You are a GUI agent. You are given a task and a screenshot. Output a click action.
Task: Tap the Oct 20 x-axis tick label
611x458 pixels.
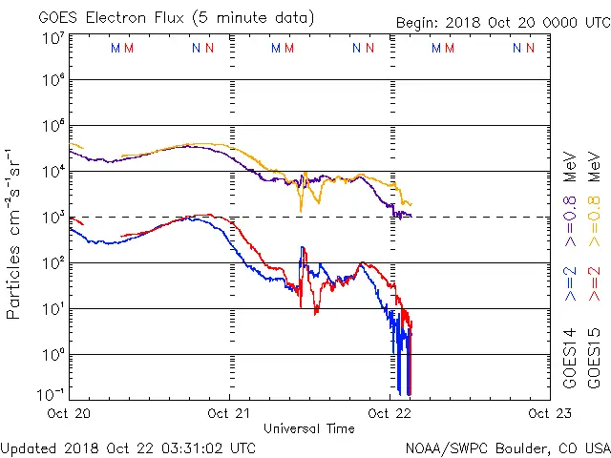coord(71,412)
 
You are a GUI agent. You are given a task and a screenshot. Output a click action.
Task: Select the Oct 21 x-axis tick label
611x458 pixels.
coord(230,412)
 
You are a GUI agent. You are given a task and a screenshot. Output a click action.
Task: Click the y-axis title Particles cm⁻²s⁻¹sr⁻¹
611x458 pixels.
coord(14,234)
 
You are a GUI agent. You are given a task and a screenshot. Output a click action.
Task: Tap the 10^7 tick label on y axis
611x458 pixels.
coord(53,37)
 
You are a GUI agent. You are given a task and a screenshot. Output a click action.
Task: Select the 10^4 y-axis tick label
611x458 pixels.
coord(53,172)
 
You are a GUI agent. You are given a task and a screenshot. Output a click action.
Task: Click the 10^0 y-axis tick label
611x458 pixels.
coord(53,354)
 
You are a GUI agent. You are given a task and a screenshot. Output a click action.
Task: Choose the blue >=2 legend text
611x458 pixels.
coord(570,282)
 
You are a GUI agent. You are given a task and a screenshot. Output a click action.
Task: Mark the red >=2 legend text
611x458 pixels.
coord(594,282)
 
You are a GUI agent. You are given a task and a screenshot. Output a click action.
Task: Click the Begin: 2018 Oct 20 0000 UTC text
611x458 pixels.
coord(503,23)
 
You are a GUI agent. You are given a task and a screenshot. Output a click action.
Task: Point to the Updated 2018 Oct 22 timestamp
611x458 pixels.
coord(129,447)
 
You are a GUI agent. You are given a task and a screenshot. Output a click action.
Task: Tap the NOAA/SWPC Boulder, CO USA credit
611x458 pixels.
coord(506,447)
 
